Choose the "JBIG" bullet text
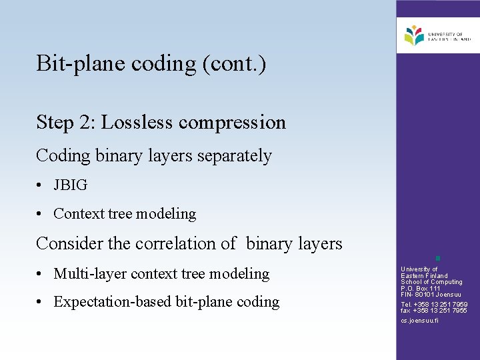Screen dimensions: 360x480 click(70, 185)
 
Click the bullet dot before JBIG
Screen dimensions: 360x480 click(41, 185)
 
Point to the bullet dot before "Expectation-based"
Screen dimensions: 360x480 click(41, 302)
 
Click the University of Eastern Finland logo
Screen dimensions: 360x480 click(437, 35)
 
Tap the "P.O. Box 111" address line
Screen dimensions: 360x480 click(421, 289)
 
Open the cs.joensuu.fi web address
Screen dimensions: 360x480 click(419, 321)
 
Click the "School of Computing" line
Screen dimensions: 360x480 click(431, 282)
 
